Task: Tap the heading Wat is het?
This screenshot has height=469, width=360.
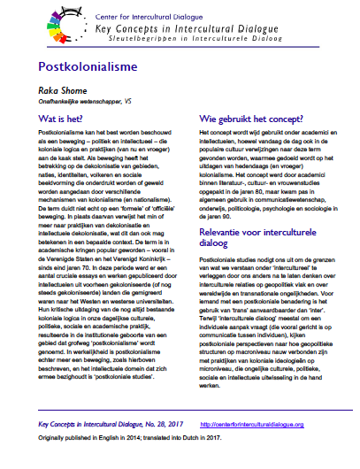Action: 61,117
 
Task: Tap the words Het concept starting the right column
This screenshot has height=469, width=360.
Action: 206,131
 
